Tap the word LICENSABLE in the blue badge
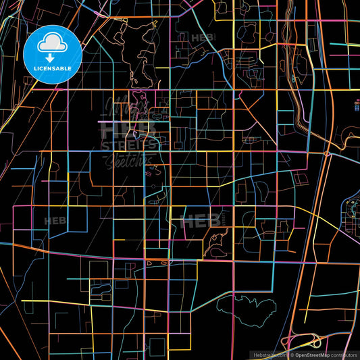[x=52, y=68]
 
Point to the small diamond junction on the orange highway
[x=327, y=154]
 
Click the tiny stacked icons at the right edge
[x=357, y=104]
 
